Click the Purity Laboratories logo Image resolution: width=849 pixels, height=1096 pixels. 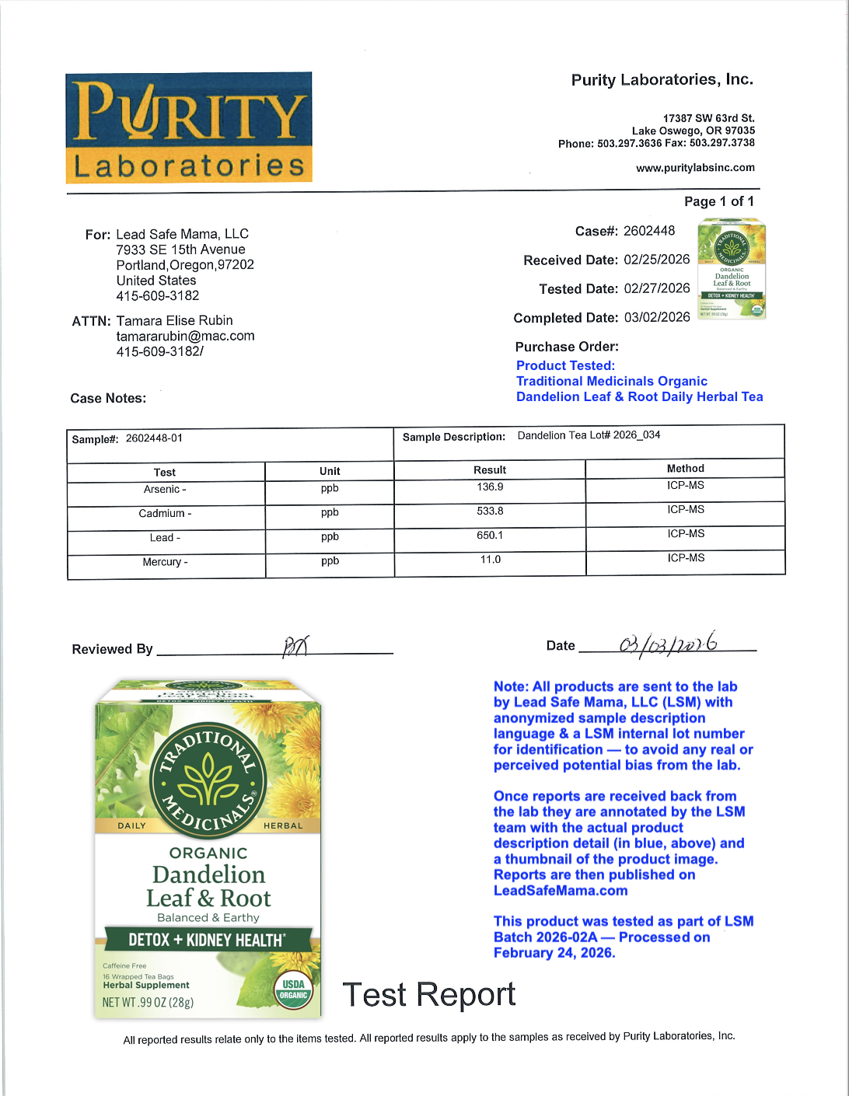189,128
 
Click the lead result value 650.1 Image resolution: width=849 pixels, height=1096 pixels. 490,536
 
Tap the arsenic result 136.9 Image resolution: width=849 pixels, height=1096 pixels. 490,487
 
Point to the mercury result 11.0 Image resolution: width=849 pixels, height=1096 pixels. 490,560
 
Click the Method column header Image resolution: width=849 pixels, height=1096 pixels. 685,469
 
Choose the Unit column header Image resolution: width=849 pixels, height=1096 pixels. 330,471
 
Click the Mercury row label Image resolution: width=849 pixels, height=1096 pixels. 165,562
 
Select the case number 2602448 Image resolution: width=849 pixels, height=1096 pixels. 649,231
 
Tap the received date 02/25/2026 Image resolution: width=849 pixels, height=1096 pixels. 657,260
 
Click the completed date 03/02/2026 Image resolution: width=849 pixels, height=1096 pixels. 657,317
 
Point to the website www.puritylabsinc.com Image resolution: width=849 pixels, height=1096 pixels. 695,168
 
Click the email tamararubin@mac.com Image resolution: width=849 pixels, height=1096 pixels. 185,336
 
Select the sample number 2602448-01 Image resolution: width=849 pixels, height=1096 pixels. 154,438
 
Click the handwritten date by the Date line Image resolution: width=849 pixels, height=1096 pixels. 668,644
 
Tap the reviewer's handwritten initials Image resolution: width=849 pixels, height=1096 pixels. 295,645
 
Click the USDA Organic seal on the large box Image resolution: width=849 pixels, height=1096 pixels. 293,990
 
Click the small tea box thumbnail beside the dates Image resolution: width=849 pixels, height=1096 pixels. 732,269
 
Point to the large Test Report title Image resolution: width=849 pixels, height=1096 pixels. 428,995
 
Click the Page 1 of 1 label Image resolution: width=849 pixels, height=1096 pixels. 718,201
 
